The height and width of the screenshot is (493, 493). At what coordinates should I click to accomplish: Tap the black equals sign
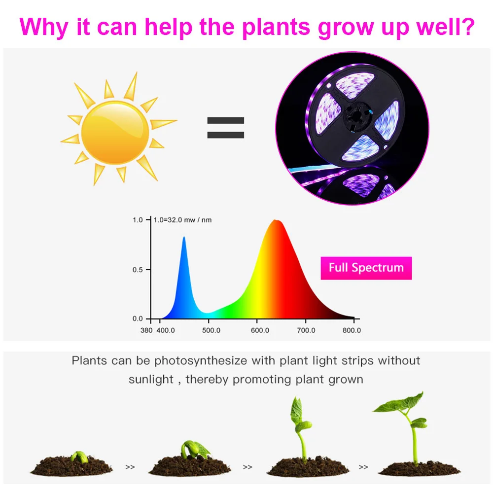(225, 128)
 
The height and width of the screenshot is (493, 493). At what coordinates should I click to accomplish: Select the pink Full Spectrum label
(366, 268)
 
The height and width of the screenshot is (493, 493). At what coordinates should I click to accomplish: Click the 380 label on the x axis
(146, 330)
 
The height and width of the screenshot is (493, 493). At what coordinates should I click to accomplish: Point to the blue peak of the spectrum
(184, 238)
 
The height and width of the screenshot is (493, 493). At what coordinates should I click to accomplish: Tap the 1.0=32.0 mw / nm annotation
(182, 220)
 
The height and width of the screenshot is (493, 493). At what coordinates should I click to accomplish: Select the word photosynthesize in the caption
(201, 360)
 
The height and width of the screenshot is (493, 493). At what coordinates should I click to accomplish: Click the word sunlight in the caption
(151, 380)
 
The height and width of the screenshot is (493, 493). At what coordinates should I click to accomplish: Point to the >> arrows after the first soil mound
(130, 467)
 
